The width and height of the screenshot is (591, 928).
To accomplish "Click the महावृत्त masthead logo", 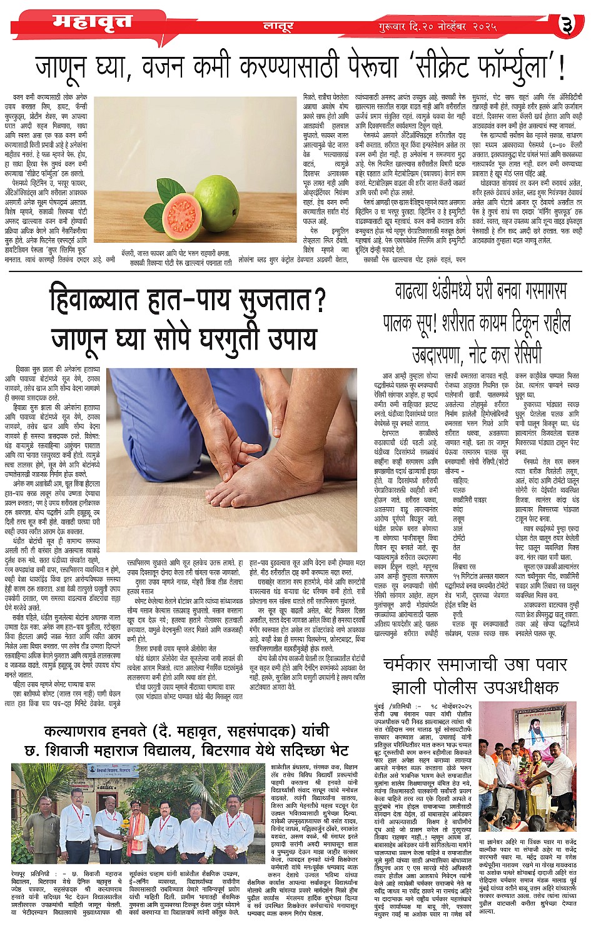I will (92, 23).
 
